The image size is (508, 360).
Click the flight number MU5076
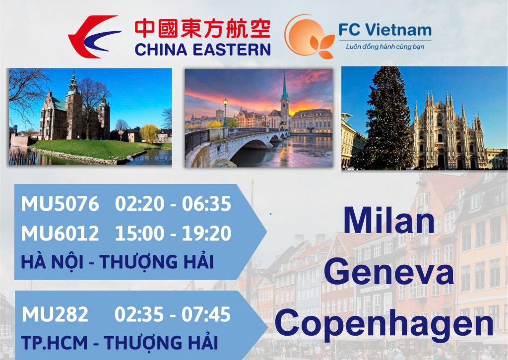(x=60, y=204)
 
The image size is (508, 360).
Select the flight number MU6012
(x=60, y=233)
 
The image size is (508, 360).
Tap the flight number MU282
(x=55, y=314)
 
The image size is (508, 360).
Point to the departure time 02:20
(x=139, y=204)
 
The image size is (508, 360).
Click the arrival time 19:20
(x=206, y=233)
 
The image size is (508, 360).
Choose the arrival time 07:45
(x=206, y=314)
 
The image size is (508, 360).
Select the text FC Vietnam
(x=385, y=30)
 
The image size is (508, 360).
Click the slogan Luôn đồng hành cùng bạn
(x=385, y=47)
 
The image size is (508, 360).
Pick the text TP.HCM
(x=55, y=343)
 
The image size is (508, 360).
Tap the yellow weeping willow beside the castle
(x=150, y=133)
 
